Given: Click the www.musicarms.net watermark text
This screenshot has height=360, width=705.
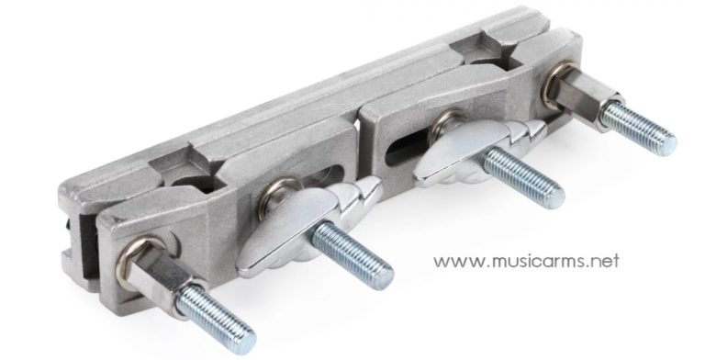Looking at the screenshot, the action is click(526, 261).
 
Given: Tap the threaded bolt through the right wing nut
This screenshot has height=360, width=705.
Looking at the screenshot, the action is click(524, 178).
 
